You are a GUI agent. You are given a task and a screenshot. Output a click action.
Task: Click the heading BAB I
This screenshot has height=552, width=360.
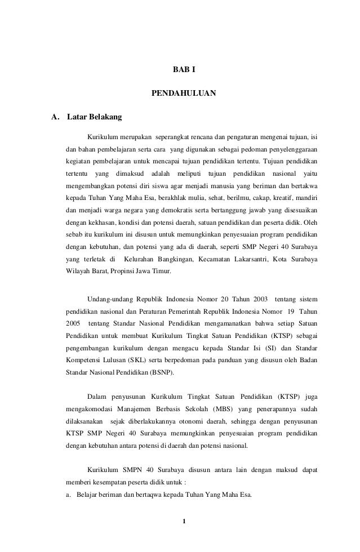click(x=184, y=70)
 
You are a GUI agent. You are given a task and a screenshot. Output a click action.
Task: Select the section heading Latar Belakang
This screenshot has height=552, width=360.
click(x=91, y=118)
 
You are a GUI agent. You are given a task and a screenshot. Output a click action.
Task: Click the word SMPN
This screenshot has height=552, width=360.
click(x=132, y=470)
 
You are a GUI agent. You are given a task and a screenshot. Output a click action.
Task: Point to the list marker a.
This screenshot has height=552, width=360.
click(x=68, y=496)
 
